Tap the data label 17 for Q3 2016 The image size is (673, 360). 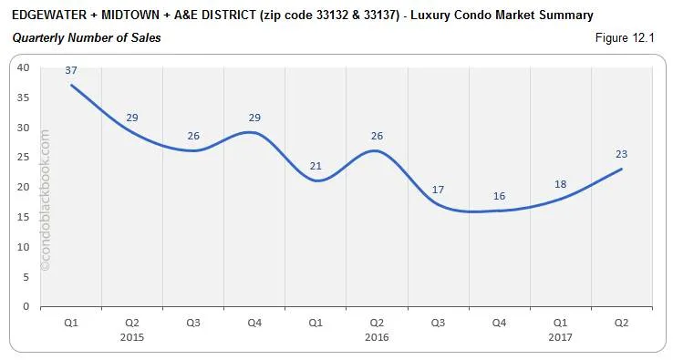tap(438, 190)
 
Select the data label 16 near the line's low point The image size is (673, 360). tap(499, 195)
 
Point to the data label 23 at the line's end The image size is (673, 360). tap(621, 154)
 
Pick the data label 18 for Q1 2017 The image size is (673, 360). tap(560, 183)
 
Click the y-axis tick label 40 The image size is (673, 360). tap(23, 67)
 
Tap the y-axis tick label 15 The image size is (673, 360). tap(23, 217)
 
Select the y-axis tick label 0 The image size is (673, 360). tap(26, 306)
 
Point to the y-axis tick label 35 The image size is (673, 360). tap(23, 98)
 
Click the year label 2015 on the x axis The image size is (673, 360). tap(132, 336)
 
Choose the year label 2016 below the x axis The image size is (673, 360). tap(377, 336)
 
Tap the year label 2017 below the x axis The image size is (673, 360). tap(560, 336)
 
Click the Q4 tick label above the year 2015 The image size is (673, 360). tap(254, 322)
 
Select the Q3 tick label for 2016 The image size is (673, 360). tap(438, 322)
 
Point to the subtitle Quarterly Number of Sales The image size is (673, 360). tap(87, 37)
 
